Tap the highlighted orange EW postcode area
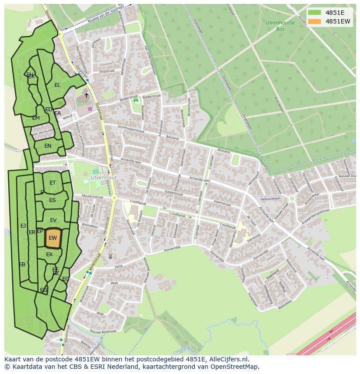pos(53,238)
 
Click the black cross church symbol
pos(86,95)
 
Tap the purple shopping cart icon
pos(90,109)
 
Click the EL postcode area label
pos(57,85)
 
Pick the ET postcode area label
pos(53,183)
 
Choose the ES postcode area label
pos(53,200)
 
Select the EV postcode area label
pos(53,220)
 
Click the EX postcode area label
pos(49,255)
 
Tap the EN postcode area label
pos(48,146)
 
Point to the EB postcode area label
pos(22,265)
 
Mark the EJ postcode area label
pos(23,225)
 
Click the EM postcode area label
pos(36,118)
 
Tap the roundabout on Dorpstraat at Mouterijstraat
pos(114,198)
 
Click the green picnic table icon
pos(136,100)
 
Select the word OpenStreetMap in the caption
pos(236,367)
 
